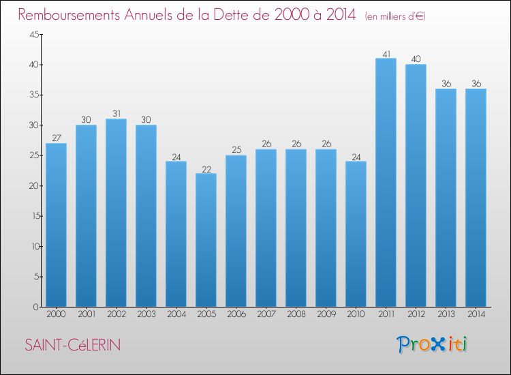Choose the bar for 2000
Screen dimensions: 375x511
pos(56,225)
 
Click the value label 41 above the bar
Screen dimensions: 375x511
pos(386,53)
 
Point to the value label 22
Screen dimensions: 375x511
pos(206,168)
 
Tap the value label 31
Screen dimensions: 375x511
pos(116,114)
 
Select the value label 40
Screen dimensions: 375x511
pos(416,59)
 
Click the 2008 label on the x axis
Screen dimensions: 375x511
pos(296,315)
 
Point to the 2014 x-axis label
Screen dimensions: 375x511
pos(476,315)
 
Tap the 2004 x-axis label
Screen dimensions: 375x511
pos(176,315)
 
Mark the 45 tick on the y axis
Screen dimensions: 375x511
pos(33,35)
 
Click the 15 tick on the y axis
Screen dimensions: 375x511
pos(33,216)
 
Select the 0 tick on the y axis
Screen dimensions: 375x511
pos(36,307)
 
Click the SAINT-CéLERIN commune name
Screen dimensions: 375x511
pos(73,345)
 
